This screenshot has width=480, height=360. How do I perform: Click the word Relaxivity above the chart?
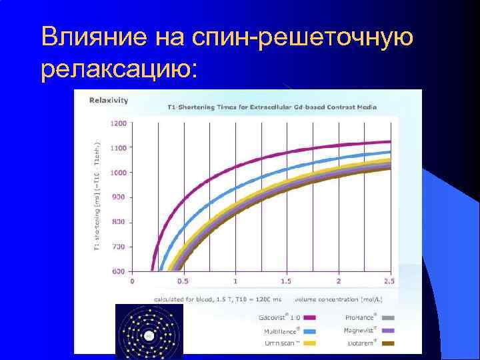click(x=109, y=101)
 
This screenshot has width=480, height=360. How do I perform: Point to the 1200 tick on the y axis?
click(x=117, y=123)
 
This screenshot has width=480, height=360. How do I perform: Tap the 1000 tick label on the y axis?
click(x=117, y=173)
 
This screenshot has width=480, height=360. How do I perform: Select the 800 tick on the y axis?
click(x=119, y=222)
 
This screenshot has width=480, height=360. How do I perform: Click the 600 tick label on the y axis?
click(x=119, y=271)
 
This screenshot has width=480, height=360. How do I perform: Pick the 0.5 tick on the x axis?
click(x=183, y=281)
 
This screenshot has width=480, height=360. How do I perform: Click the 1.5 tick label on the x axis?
click(x=287, y=281)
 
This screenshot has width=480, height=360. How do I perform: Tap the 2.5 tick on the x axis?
click(x=390, y=281)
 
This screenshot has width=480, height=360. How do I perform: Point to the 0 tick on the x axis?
click(x=132, y=281)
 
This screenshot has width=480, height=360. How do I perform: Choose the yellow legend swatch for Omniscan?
click(x=310, y=343)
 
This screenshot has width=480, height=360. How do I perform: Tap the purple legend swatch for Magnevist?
click(x=388, y=330)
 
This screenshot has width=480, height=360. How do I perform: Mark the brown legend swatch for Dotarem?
click(x=388, y=343)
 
